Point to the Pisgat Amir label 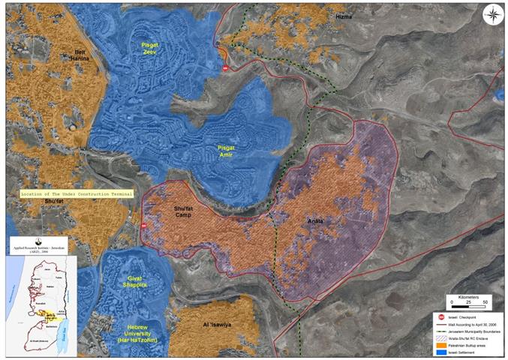click(227, 151)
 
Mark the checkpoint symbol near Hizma click(223, 68)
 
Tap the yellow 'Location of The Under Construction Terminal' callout click(78, 193)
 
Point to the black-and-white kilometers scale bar click(467, 307)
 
